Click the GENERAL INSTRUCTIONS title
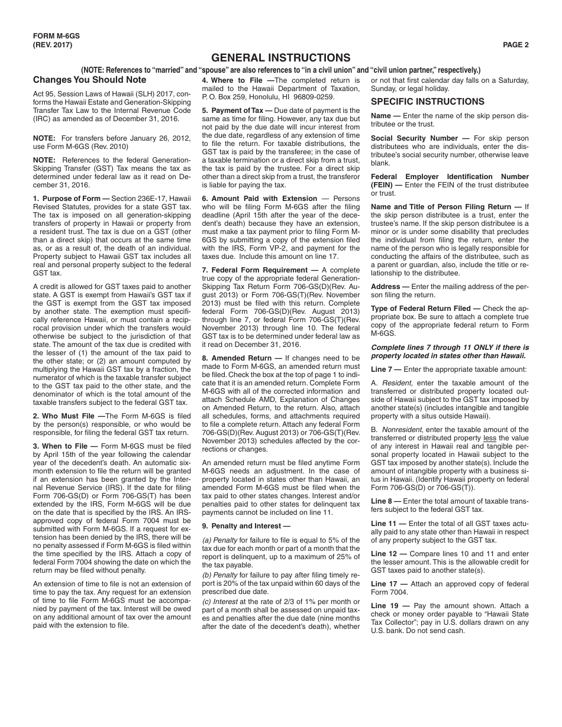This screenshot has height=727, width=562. pos(280,57)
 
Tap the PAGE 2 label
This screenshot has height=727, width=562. pos(515,44)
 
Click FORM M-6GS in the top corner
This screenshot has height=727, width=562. pos(56,35)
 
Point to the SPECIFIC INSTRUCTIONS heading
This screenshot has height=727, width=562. pos(427,102)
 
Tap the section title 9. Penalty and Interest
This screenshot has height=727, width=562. pos(246,526)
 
